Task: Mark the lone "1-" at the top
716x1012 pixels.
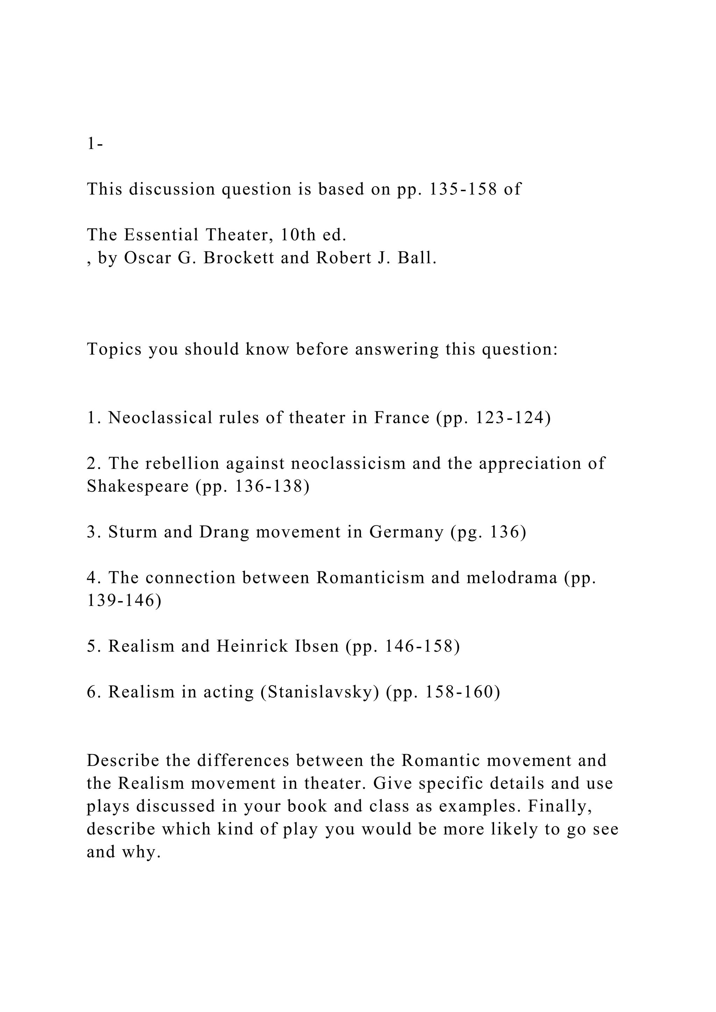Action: click(x=95, y=144)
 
